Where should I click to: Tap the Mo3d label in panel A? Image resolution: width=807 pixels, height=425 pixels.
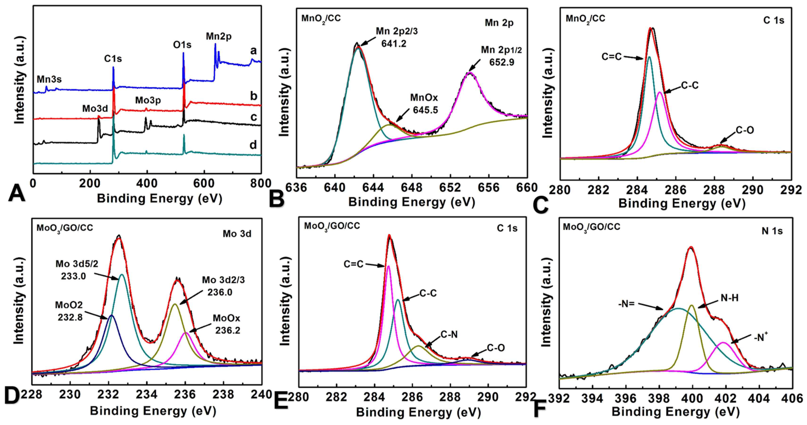(95, 109)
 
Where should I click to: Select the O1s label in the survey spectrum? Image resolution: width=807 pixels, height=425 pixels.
(182, 45)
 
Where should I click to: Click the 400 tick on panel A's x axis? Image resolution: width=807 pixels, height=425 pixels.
(147, 183)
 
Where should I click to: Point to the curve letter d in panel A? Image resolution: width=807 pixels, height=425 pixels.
(253, 145)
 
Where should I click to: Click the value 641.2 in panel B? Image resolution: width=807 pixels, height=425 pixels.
(394, 44)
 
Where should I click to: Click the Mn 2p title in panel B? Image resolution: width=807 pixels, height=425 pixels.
(499, 23)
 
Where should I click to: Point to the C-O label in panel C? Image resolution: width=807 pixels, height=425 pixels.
(745, 130)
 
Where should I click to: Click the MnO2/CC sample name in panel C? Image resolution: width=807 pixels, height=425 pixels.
(585, 19)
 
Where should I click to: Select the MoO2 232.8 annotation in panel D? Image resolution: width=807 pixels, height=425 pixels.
(69, 311)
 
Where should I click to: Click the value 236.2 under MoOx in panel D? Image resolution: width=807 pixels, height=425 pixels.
(227, 330)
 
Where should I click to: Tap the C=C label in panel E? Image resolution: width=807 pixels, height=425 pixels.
(353, 264)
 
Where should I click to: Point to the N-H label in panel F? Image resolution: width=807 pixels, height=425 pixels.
(729, 298)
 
